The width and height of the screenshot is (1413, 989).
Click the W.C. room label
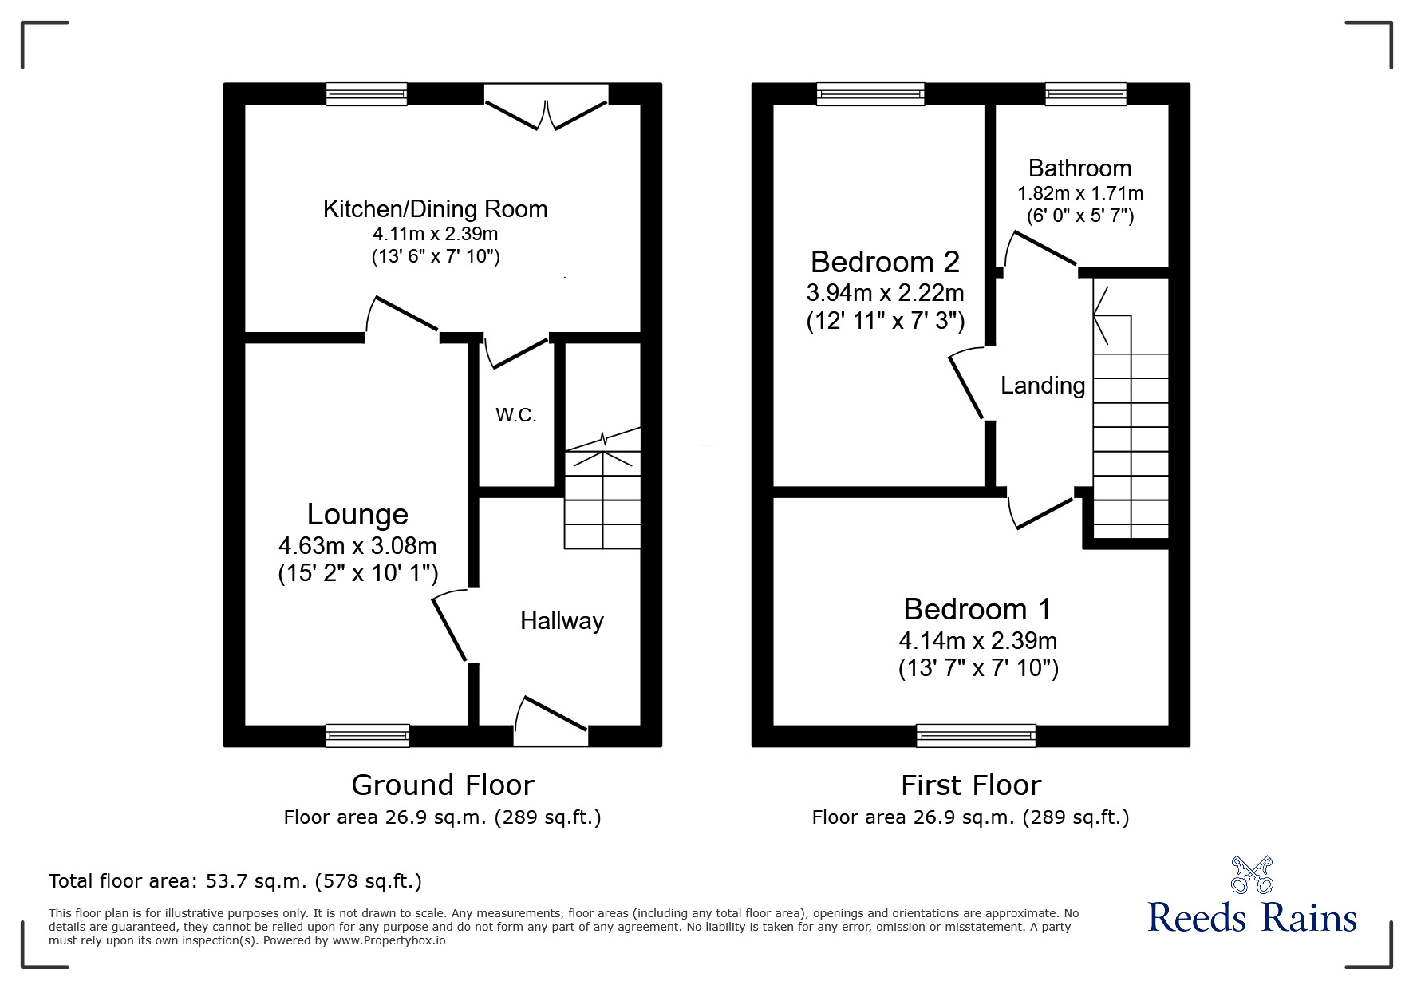pyautogui.click(x=515, y=415)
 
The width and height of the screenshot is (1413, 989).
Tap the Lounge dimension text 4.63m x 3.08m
pyautogui.click(x=357, y=546)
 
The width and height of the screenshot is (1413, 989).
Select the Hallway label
pyautogui.click(x=562, y=621)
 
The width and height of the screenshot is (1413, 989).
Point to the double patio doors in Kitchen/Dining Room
pyautogui.click(x=547, y=112)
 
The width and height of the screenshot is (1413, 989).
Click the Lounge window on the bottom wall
pyautogui.click(x=368, y=735)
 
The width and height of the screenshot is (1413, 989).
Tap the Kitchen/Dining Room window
pyautogui.click(x=366, y=94)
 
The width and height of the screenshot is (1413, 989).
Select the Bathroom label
pyautogui.click(x=1079, y=168)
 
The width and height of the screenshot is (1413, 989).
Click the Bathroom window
pyautogui.click(x=1086, y=94)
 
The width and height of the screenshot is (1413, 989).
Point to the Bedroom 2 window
pyautogui.click(x=870, y=94)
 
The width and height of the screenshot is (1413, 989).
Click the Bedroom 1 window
pyautogui.click(x=976, y=735)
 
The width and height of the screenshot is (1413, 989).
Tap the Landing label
pyautogui.click(x=1043, y=386)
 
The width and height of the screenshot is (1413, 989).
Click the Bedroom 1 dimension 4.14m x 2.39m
pyautogui.click(x=977, y=641)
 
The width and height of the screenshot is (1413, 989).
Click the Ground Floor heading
pyautogui.click(x=442, y=785)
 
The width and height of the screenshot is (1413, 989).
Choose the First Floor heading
pyautogui.click(x=971, y=785)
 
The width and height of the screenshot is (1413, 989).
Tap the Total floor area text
pyautogui.click(x=235, y=881)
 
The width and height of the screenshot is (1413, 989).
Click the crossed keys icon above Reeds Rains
pyautogui.click(x=1252, y=875)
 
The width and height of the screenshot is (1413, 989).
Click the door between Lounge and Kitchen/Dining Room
pyautogui.click(x=404, y=315)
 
